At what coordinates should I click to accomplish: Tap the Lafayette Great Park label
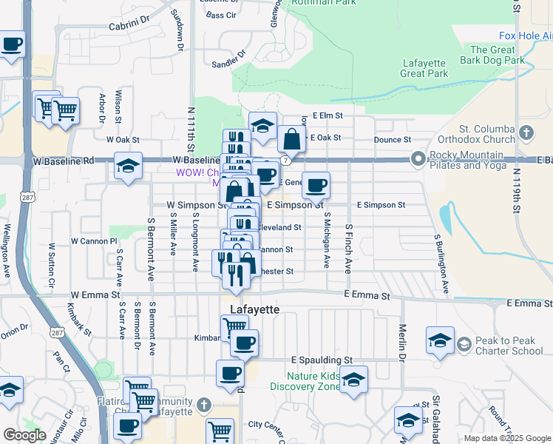pyautogui.click(x=424, y=68)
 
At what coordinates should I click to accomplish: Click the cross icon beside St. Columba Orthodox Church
pyautogui.click(x=526, y=133)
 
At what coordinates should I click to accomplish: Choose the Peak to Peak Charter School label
pyautogui.click(x=510, y=343)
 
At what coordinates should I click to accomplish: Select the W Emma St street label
pyautogui.click(x=95, y=295)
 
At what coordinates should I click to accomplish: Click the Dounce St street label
pyautogui.click(x=392, y=139)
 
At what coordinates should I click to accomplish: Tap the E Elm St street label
pyautogui.click(x=328, y=115)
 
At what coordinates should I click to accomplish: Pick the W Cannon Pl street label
pyautogui.click(x=94, y=241)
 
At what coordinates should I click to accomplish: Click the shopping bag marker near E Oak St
pyautogui.click(x=292, y=139)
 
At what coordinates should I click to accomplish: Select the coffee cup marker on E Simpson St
pyautogui.click(x=316, y=186)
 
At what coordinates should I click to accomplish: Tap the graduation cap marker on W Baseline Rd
pyautogui.click(x=128, y=166)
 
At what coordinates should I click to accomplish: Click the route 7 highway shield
pyautogui.click(x=285, y=159)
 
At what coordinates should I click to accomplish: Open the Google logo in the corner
pyautogui.click(x=24, y=435)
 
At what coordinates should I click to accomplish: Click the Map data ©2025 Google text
pyautogui.click(x=507, y=438)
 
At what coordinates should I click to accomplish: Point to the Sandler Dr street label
pyautogui.click(x=227, y=62)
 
